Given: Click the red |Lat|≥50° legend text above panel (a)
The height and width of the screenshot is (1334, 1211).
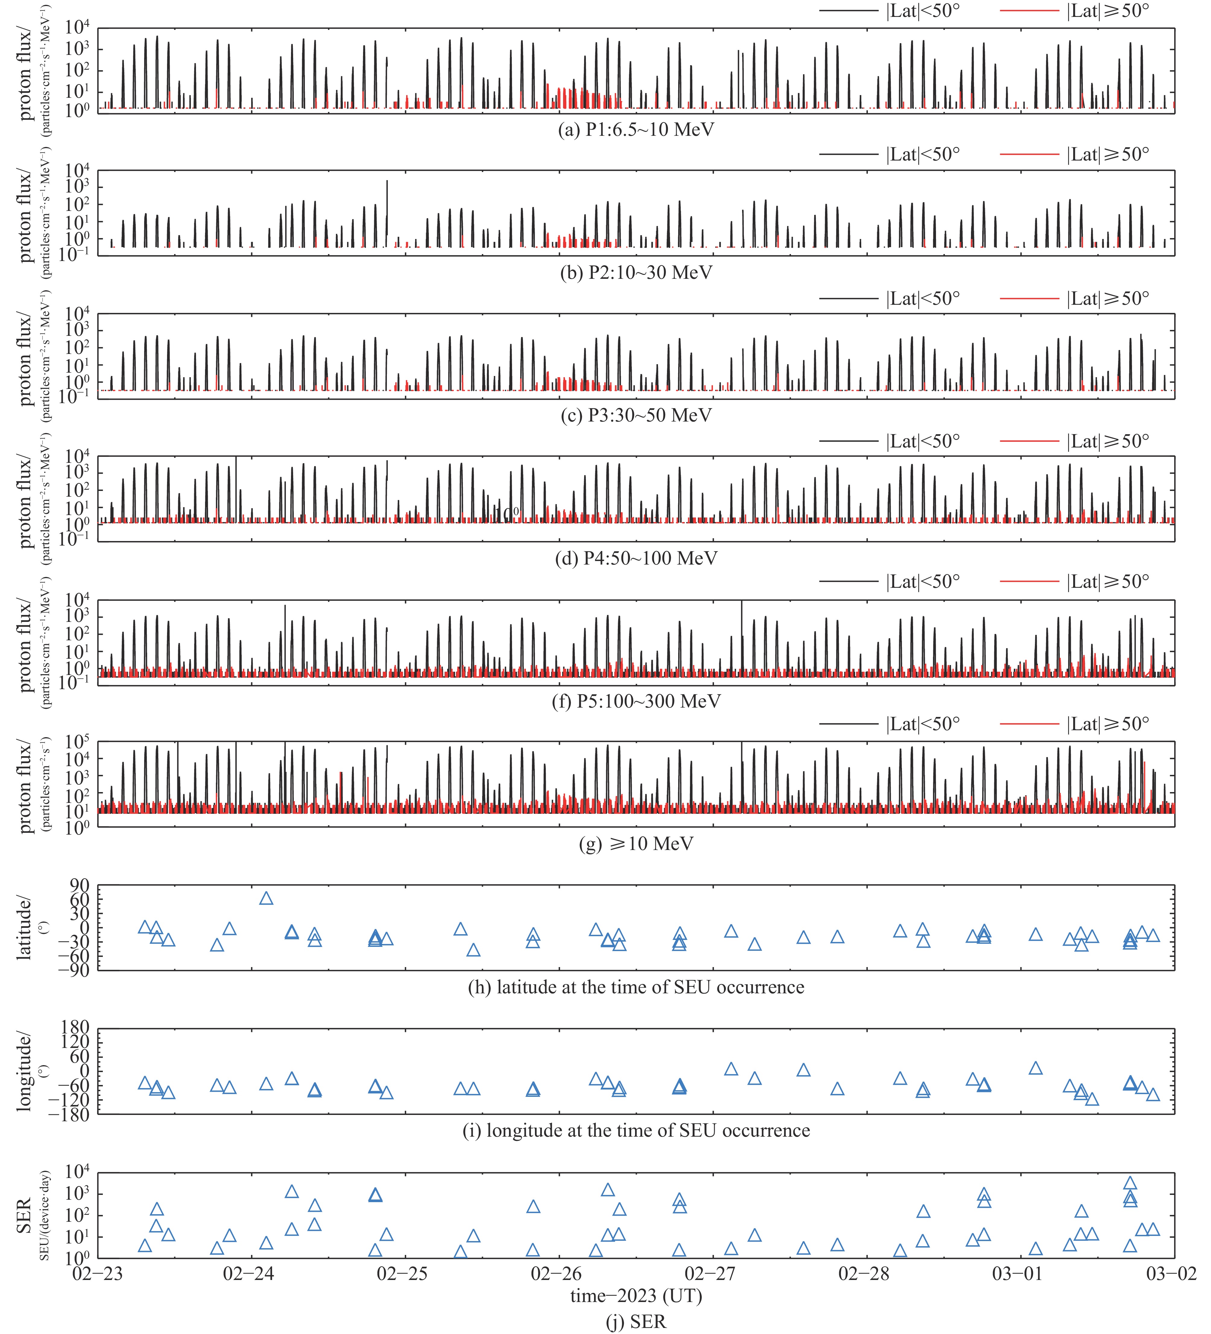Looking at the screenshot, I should [x=1108, y=11].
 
